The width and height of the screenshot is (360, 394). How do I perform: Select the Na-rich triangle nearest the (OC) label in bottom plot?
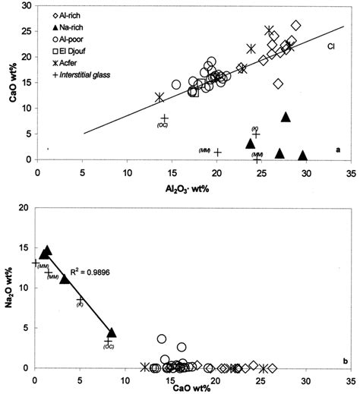point(112,333)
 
